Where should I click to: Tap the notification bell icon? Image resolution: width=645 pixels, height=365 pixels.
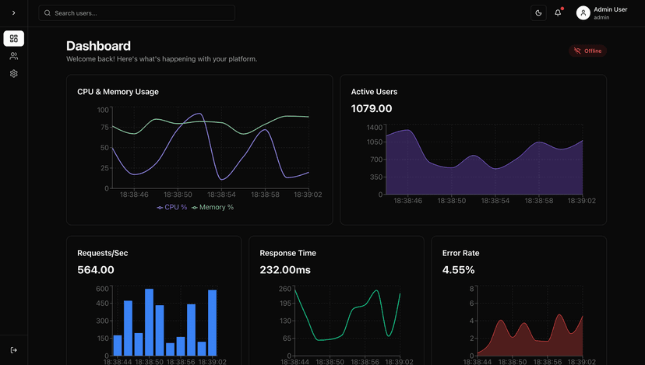(558, 13)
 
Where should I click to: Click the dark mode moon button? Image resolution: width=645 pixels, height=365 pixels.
(538, 13)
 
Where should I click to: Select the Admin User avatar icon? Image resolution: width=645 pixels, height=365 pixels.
(583, 13)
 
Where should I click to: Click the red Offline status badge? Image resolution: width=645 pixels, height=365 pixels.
(588, 51)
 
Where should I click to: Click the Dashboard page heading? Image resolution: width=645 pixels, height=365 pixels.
(98, 46)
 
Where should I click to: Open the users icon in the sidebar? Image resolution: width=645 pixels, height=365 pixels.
(13, 56)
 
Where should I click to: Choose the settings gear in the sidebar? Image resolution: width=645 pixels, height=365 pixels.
(13, 74)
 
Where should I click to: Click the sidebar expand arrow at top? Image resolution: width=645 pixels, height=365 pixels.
(13, 13)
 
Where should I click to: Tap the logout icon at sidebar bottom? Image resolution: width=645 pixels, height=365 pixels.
(13, 350)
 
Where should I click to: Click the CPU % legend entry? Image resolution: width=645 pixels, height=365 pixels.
(172, 208)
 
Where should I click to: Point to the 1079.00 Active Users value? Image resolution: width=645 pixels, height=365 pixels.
(372, 109)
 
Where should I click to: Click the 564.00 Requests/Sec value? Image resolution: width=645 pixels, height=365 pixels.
(96, 270)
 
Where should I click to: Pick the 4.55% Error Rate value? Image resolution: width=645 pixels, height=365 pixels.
(458, 270)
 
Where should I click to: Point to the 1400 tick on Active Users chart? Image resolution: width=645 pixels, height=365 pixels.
(375, 127)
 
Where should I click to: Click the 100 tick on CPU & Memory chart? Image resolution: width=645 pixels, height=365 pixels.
(104, 110)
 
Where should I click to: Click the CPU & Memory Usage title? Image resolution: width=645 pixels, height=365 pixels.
(118, 92)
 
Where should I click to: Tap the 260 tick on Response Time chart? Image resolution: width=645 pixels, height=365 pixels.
(285, 289)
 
